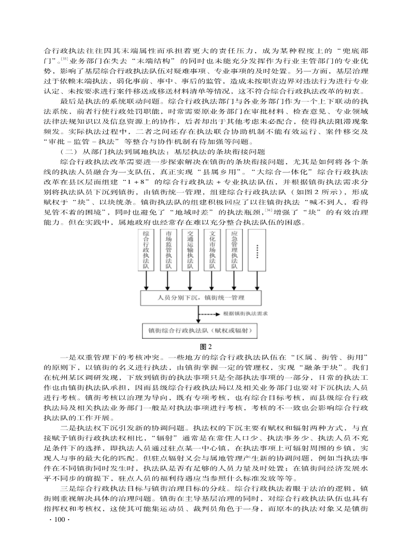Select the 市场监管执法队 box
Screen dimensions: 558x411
(168, 250)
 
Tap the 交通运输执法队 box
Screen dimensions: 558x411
(190, 250)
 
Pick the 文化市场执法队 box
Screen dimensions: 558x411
(211, 250)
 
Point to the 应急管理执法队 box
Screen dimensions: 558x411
(233, 250)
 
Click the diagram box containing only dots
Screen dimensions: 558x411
(258, 250)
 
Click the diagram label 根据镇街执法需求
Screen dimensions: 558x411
(245, 314)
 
